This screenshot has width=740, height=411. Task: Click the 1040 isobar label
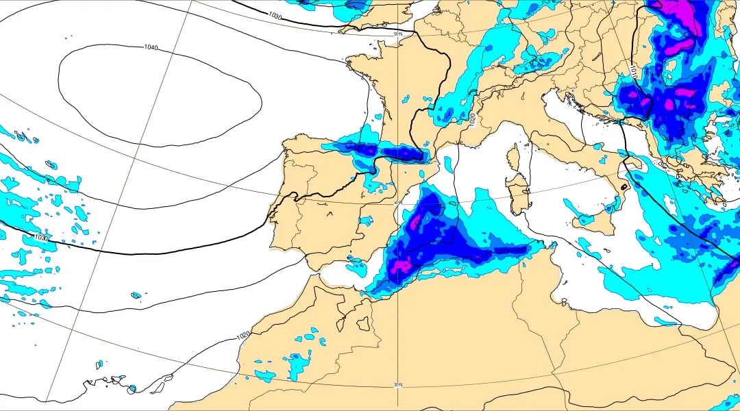coord(151,47)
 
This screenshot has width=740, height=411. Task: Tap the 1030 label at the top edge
coord(274,15)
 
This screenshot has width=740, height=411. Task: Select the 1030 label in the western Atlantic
coord(41,238)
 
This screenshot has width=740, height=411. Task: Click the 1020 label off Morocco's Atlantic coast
coord(243,336)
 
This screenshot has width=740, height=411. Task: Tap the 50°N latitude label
coord(397,34)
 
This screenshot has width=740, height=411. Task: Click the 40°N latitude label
coord(398,203)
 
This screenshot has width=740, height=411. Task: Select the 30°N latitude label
coord(398,385)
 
